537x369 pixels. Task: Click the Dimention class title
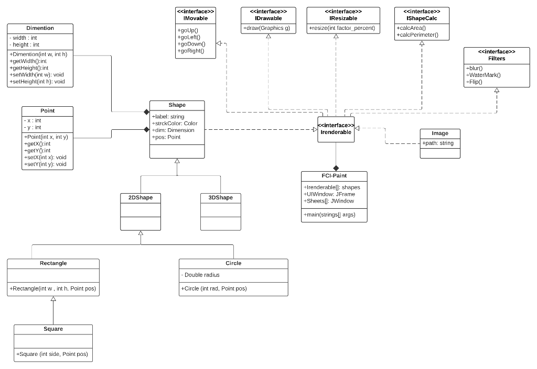(40, 28)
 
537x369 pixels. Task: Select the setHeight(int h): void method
(37, 82)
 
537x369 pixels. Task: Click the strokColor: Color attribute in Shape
(174, 124)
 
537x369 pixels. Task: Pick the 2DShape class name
(141, 197)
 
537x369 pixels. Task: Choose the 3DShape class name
(220, 197)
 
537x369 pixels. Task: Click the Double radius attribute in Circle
(201, 275)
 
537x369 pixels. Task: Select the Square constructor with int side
(52, 354)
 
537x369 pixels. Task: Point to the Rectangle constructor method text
(53, 288)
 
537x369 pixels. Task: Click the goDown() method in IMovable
(192, 44)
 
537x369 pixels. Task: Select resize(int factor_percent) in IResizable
(342, 28)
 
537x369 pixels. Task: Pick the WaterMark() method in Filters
(484, 75)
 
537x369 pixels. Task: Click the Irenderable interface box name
(336, 132)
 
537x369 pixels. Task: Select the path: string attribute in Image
(438, 143)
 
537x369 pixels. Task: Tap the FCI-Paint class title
(334, 175)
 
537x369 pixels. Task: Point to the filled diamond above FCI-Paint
(336, 167)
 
